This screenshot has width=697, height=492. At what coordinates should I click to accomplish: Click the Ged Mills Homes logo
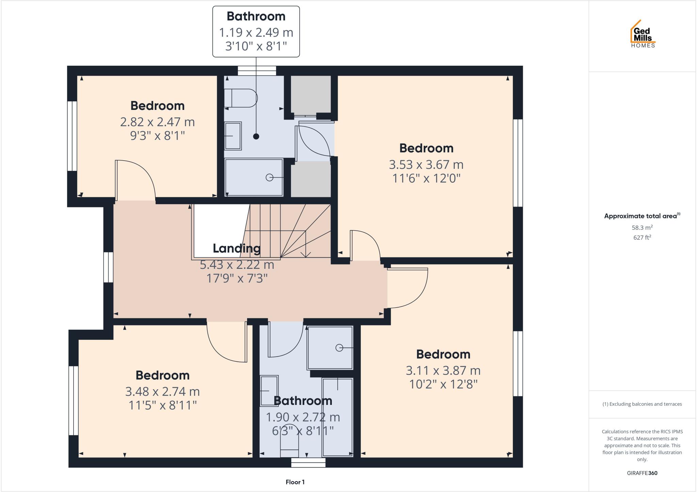[x=643, y=34]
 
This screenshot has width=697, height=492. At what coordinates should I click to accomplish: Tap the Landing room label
[x=237, y=248]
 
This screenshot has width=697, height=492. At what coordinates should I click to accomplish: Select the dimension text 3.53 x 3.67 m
[x=426, y=165]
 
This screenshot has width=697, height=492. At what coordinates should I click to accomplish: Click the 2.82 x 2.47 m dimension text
[x=157, y=122]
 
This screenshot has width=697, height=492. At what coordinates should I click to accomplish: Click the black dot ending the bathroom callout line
[x=256, y=136]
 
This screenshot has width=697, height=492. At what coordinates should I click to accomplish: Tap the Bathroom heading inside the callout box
[x=256, y=16]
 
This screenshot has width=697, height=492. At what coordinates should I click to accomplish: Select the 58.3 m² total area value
[x=642, y=228]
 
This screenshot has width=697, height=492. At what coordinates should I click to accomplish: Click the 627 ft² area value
[x=642, y=237]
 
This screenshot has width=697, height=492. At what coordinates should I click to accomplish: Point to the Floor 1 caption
[x=295, y=482]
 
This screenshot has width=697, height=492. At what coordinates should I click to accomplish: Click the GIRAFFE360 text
[x=642, y=473]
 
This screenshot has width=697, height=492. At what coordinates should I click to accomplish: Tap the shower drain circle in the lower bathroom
[x=339, y=348]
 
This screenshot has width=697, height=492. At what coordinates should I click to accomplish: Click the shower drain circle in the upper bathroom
[x=269, y=177]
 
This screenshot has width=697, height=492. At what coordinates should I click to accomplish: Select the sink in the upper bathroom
[x=233, y=136]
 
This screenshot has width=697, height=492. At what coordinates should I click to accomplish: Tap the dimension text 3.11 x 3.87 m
[x=443, y=371]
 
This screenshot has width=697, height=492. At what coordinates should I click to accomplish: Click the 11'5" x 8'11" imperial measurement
[x=163, y=405]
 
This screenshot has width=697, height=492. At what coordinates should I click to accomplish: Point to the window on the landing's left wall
[x=108, y=267]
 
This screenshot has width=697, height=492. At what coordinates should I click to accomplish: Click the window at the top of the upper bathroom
[x=257, y=71]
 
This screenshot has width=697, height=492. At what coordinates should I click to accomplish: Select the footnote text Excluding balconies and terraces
[x=642, y=404]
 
